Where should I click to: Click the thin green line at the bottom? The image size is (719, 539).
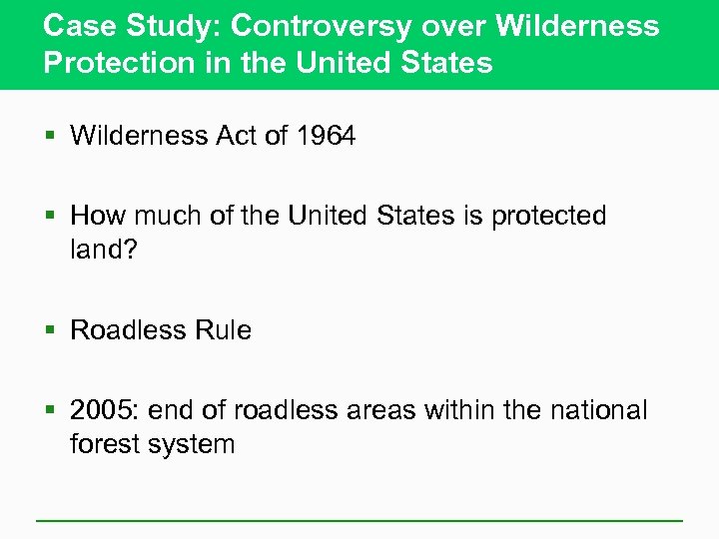click(x=359, y=520)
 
